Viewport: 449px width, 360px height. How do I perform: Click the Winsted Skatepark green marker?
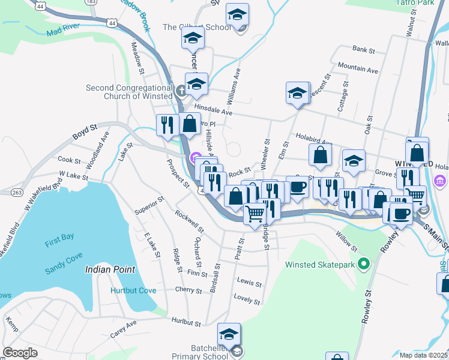[x=363, y=264]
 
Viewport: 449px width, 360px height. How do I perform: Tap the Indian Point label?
[x=110, y=269]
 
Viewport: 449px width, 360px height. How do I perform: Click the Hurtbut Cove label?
[x=133, y=290]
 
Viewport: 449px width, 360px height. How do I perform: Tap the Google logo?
[x=20, y=353]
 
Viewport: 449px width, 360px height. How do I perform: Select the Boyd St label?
[x=85, y=132]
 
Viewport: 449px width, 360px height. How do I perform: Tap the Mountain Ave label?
[x=358, y=67]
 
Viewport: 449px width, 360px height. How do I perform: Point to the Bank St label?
[x=364, y=49]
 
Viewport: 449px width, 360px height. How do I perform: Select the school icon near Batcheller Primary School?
[x=229, y=334]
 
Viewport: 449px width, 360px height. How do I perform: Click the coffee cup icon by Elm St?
[x=297, y=187]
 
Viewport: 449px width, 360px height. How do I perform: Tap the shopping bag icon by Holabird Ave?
[x=321, y=154]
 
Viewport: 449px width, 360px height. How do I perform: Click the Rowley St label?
[x=367, y=307]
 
